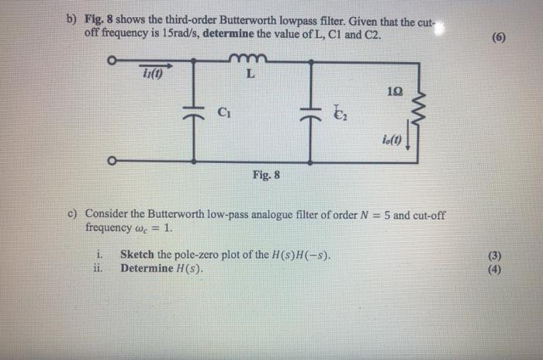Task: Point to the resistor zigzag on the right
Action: [x=420, y=97]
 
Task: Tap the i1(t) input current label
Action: [x=152, y=74]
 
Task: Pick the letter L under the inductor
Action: [x=249, y=75]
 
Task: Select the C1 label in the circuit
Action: [x=223, y=112]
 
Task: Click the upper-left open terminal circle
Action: [x=113, y=61]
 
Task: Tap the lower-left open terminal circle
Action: [x=113, y=161]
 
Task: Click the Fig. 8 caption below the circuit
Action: [x=266, y=175]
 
